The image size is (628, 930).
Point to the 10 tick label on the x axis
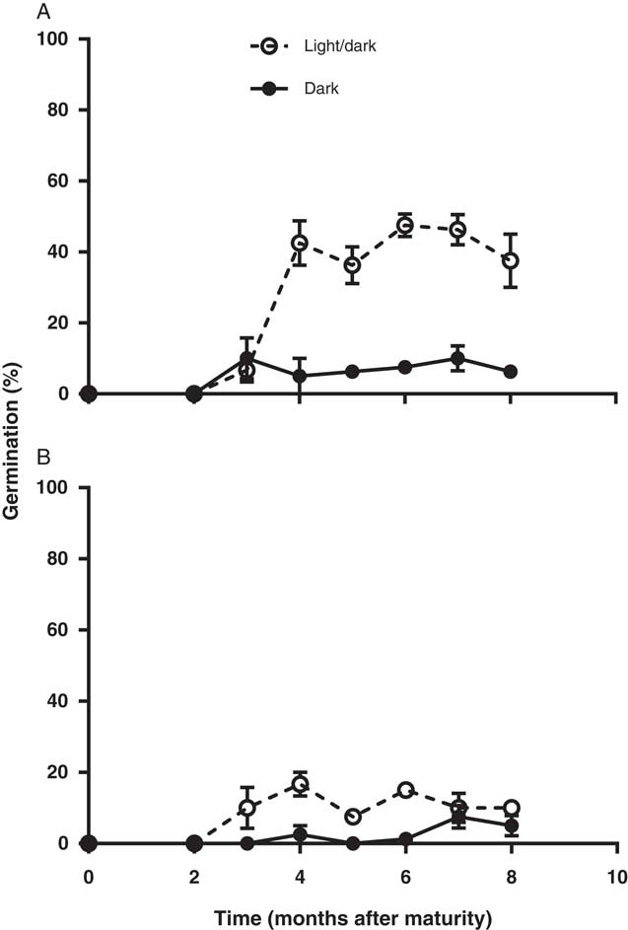[616, 874]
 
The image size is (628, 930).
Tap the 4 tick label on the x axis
[300, 874]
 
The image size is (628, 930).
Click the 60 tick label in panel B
[56, 630]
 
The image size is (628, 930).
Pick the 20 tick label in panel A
[56, 323]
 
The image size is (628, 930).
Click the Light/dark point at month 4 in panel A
[300, 243]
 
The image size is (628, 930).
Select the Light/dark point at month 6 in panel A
[405, 226]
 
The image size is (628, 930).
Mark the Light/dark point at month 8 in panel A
[511, 260]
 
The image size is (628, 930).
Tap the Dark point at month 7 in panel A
[457, 358]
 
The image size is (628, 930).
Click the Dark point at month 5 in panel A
[352, 372]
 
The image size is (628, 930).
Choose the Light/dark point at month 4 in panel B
[300, 785]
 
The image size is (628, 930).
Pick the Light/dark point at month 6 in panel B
[405, 790]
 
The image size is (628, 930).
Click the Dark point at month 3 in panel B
[246, 843]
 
